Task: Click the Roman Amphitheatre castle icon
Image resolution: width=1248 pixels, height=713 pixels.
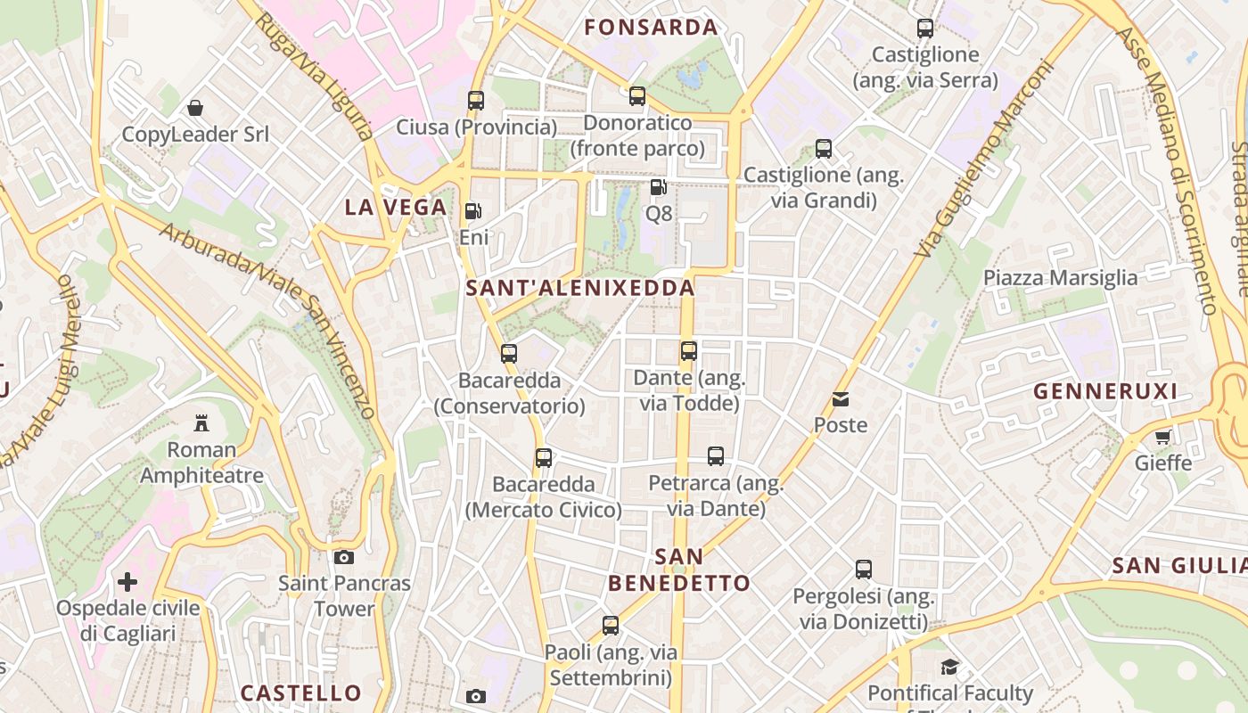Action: point(201,422)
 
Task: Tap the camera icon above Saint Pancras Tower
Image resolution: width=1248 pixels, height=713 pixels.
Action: point(343,558)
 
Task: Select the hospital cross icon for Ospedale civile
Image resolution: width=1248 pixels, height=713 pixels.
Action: point(127,582)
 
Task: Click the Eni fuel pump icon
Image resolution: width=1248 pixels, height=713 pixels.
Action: point(473,211)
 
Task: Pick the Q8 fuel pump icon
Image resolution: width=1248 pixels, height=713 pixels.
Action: point(658,187)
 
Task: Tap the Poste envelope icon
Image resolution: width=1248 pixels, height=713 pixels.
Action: point(840,399)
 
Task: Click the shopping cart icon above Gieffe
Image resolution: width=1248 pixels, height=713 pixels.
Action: point(1162,437)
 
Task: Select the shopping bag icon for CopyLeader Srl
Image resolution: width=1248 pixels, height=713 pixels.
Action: point(195,108)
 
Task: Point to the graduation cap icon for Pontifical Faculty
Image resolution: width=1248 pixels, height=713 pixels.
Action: point(949,667)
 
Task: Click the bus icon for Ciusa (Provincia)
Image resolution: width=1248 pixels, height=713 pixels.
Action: point(476,100)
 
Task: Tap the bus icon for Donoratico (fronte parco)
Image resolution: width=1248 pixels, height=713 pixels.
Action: point(636,96)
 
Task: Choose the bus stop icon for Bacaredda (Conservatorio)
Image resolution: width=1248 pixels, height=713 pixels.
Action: point(509,354)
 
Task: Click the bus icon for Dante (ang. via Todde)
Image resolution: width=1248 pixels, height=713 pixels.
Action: point(688,351)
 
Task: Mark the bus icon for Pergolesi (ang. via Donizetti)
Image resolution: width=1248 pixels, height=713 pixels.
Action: point(863,569)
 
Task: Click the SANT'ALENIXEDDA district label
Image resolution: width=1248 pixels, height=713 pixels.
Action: point(580,288)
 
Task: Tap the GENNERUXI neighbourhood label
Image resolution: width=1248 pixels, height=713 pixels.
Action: point(1105,390)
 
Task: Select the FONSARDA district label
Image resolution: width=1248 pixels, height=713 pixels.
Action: point(651,28)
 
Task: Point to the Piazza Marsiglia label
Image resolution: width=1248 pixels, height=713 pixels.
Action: point(1060,277)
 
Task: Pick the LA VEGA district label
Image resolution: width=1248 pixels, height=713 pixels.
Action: point(395,208)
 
